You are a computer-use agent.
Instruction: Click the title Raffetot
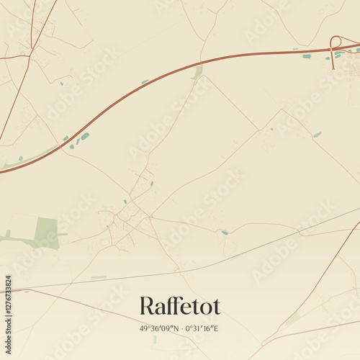[180, 306]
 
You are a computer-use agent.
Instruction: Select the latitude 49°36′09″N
[160, 328]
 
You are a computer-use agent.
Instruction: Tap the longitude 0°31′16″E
[202, 328]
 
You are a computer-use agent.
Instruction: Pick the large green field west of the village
[45, 233]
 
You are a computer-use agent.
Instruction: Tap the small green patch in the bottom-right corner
[292, 319]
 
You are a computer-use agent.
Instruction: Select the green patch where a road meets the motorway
[197, 71]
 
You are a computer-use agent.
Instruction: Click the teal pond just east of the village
[225, 233]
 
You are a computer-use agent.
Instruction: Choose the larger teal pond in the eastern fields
[317, 135]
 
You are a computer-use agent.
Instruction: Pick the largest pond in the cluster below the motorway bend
[85, 136]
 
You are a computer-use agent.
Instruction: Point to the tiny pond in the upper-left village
[61, 84]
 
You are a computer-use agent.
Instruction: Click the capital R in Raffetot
[147, 306]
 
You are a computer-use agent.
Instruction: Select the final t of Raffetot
[216, 306]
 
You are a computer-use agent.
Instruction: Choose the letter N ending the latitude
[177, 328]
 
